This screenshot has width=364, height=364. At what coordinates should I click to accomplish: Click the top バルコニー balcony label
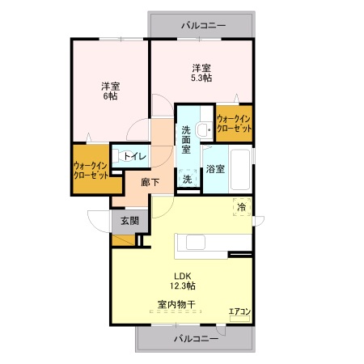click(x=203, y=26)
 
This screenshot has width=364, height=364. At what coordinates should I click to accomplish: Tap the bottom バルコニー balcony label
click(x=196, y=338)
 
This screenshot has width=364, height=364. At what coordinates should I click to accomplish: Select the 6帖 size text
click(x=111, y=96)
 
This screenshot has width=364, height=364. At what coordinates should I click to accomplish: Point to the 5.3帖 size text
click(x=201, y=78)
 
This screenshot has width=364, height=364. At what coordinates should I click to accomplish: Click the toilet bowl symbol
click(x=121, y=156)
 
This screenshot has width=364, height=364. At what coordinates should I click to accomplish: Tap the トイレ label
click(x=135, y=156)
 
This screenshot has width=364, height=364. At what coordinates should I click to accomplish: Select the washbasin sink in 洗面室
click(x=204, y=129)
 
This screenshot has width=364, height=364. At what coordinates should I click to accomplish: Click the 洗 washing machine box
click(x=188, y=178)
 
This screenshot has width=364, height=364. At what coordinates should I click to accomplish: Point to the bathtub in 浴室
click(x=240, y=169)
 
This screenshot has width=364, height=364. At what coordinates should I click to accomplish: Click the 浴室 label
click(x=215, y=169)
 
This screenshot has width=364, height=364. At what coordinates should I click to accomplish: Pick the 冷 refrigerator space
click(x=242, y=207)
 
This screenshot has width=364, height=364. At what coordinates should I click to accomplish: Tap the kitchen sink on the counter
click(x=196, y=242)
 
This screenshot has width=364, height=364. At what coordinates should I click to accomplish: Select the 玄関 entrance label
click(x=129, y=221)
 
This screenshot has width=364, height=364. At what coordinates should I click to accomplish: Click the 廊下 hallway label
click(x=150, y=183)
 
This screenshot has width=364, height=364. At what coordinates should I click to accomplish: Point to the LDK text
click(x=183, y=276)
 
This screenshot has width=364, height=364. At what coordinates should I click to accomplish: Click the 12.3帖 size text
click(x=183, y=286)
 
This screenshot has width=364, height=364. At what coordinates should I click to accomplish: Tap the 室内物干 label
click(x=176, y=305)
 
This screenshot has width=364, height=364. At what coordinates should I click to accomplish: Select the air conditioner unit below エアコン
click(x=239, y=319)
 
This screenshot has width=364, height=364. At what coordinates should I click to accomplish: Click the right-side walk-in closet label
click(x=234, y=124)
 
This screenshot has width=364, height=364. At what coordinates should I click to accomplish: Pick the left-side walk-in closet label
click(x=91, y=171)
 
